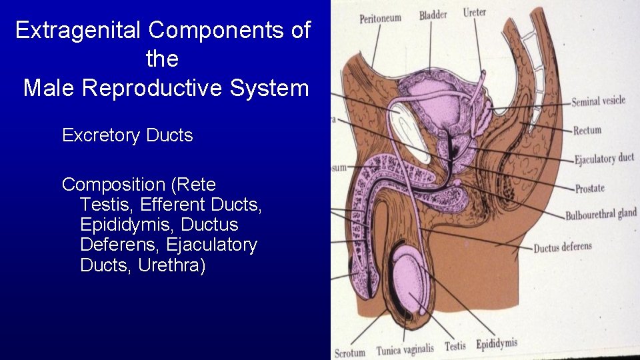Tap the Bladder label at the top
[x=433, y=15]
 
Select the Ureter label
[x=475, y=12]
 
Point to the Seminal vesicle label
[x=598, y=101]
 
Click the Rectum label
[x=587, y=131]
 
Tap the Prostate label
[x=589, y=189]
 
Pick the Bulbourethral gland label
[x=601, y=215]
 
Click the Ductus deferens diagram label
[x=562, y=247]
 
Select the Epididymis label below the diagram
[x=497, y=344]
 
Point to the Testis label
[x=455, y=346]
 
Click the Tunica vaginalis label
[x=405, y=349]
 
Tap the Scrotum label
[x=350, y=353]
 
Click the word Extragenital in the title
[x=78, y=30]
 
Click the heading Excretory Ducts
[x=127, y=135]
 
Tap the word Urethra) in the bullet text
[x=172, y=265]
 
